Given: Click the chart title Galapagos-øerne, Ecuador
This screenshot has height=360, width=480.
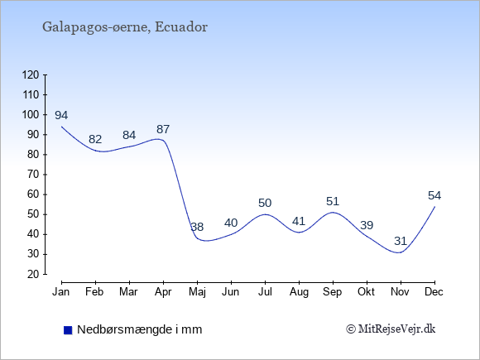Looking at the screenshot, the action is click(125, 27).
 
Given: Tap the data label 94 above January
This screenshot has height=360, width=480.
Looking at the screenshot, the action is click(61, 115).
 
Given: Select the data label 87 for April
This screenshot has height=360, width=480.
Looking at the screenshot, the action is click(163, 129).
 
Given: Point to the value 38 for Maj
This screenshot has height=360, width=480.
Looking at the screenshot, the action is click(197, 227).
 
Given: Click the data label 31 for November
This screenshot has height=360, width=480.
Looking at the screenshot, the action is click(401, 241).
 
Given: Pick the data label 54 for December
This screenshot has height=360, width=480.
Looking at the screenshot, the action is click(434, 195).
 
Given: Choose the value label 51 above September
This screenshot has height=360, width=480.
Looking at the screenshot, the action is click(333, 201).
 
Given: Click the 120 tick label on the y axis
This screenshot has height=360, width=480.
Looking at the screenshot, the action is click(31, 74).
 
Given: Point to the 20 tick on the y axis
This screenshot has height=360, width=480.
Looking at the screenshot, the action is click(33, 274).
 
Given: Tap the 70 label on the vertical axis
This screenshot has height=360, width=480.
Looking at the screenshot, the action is click(33, 175).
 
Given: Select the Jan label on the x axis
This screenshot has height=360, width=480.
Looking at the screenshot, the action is click(61, 292).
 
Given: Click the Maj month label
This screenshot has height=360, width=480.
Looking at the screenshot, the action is click(197, 292).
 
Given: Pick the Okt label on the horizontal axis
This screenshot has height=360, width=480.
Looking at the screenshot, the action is click(366, 292).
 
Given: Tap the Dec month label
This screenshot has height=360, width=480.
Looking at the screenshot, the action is click(434, 292).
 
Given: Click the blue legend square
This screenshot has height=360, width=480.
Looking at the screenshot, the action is click(68, 330).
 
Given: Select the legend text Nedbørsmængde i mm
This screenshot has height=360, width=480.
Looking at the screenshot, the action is click(140, 329).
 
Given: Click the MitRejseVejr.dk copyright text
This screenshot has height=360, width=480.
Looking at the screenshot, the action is click(391, 329).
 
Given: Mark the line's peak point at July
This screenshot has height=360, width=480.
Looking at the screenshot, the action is click(265, 214).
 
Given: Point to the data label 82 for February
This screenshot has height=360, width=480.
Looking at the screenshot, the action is click(95, 140).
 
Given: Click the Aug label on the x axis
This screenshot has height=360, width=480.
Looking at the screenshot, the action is click(299, 292).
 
